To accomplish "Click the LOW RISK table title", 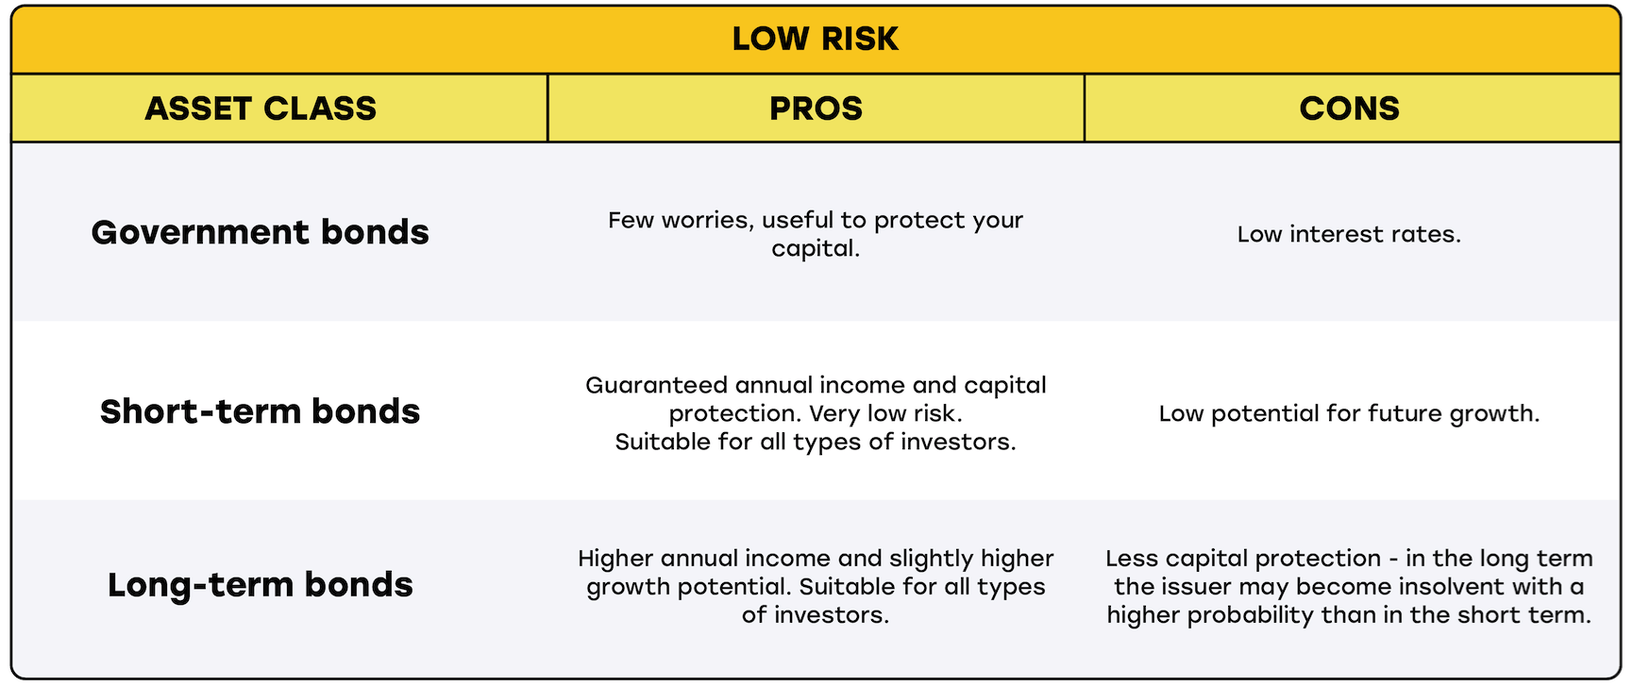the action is [x=816, y=39].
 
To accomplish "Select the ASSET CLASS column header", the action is [x=261, y=109].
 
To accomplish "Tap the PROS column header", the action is [x=816, y=109].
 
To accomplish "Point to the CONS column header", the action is [x=1349, y=109].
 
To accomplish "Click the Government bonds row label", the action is [x=261, y=232].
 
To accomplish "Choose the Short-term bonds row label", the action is [x=261, y=411].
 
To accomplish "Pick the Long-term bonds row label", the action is [x=261, y=585].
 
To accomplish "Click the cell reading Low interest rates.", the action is [x=1349, y=234].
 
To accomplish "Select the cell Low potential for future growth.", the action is [x=1349, y=413].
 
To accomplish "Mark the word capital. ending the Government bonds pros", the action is [x=816, y=249].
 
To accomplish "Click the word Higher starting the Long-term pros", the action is [x=615, y=559].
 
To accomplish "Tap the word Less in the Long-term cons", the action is [x=1131, y=559].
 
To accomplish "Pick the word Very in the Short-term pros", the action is [x=834, y=413].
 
